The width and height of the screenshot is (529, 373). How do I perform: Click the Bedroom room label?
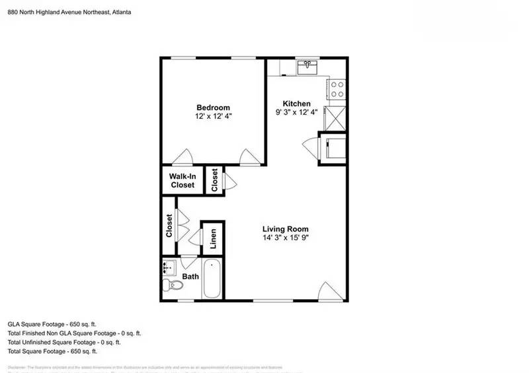(x=213, y=108)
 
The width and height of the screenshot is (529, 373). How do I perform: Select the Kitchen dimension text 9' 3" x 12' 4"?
(x=296, y=112)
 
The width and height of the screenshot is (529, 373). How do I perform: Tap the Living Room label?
(x=285, y=229)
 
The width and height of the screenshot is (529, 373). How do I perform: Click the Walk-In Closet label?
(x=182, y=181)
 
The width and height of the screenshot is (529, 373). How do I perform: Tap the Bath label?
(x=191, y=277)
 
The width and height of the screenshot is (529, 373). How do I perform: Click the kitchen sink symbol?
(x=307, y=67)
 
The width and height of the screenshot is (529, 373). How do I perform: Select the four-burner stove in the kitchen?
(x=337, y=89)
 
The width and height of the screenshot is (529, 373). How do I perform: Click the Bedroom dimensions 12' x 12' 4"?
(x=213, y=116)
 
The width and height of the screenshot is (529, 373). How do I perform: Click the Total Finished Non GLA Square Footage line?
(x=74, y=333)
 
